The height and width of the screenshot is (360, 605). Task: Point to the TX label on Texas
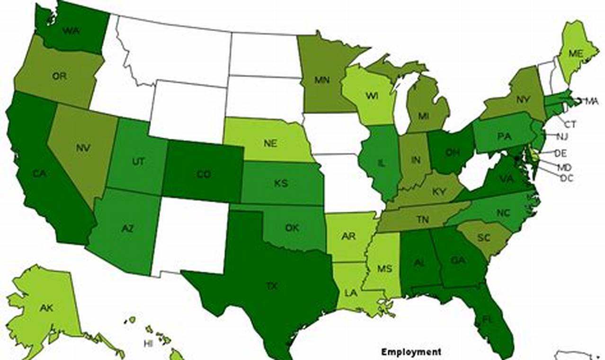click(271, 287)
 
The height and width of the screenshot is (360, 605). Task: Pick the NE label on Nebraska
click(270, 144)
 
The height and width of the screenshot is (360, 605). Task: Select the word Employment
click(411, 352)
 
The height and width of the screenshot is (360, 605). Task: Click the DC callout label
click(566, 178)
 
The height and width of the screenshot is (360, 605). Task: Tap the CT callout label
click(570, 125)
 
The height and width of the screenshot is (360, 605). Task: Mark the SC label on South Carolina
click(484, 238)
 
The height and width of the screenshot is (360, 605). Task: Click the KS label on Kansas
click(281, 183)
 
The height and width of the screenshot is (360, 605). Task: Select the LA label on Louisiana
click(351, 293)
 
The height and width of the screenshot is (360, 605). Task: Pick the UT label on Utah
click(138, 162)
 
